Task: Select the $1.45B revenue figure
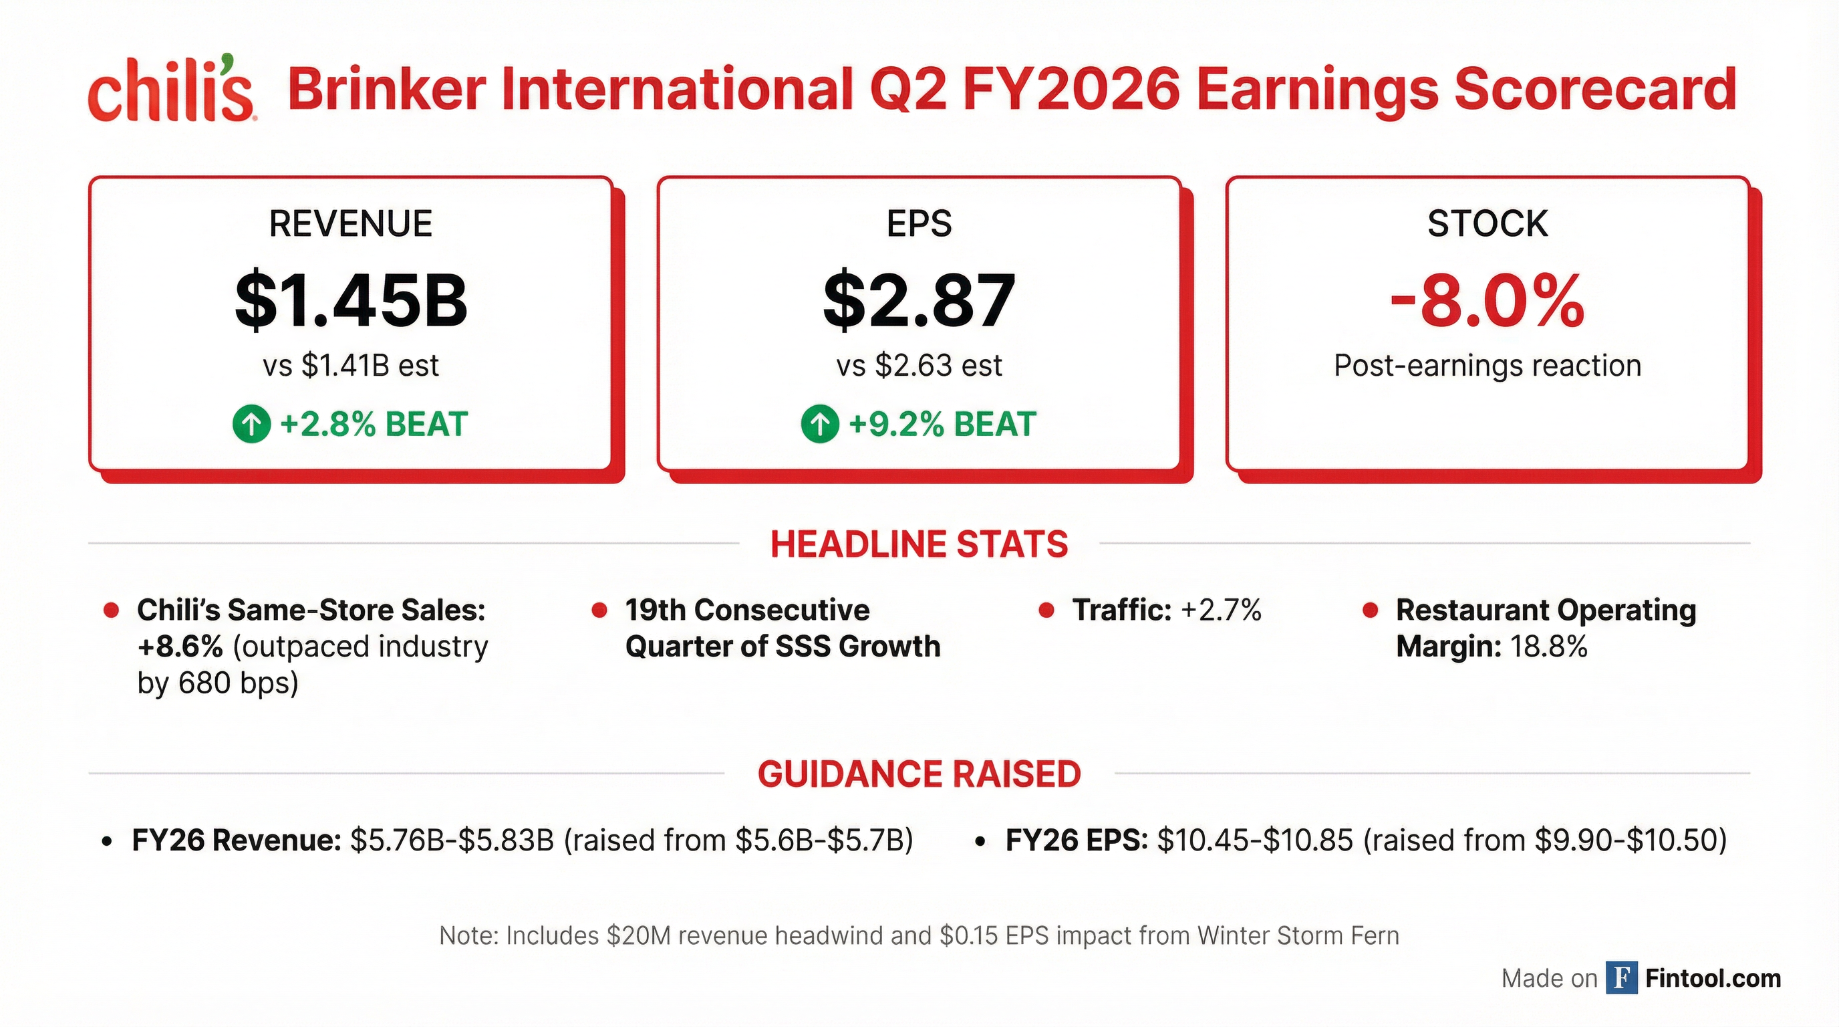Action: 351,300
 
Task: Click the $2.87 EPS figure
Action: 919,300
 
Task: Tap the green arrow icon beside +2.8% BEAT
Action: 251,424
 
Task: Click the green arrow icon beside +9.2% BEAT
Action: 819,424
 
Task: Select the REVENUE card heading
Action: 351,223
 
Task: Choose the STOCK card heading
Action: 1487,223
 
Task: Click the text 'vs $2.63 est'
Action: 919,366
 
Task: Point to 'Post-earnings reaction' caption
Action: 1487,366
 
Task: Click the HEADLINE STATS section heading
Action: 919,544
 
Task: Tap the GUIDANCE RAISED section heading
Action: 919,774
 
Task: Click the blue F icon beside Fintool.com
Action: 1621,978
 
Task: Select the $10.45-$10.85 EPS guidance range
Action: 1254,840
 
